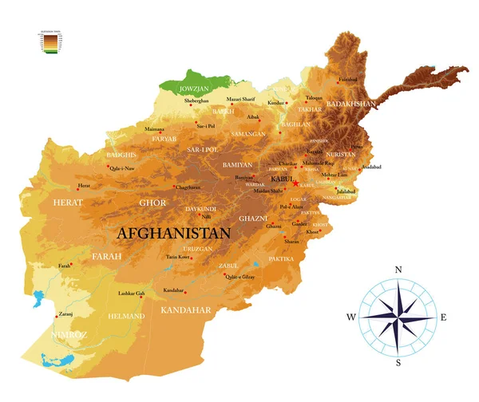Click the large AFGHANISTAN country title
click(x=173, y=233)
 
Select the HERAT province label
click(x=68, y=203)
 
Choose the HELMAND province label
click(x=126, y=316)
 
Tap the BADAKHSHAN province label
click(x=352, y=104)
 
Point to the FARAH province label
click(x=107, y=256)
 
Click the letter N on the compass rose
click(x=398, y=270)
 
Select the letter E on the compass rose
click(x=444, y=317)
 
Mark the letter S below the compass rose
click(x=398, y=363)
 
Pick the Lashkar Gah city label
click(x=130, y=294)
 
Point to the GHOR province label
click(x=152, y=203)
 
